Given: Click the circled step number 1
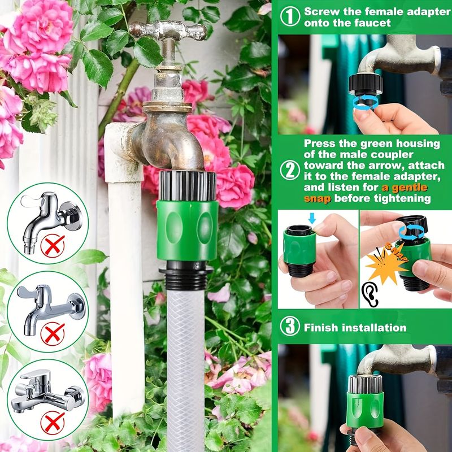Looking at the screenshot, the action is tap(290, 17).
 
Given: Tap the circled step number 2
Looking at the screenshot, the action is tap(290, 171).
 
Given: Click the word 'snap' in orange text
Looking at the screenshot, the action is tap(318, 199).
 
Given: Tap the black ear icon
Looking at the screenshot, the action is tap(370, 294).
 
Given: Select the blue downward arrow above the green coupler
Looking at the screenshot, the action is tap(312, 218).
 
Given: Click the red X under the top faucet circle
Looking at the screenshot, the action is tap(53, 246).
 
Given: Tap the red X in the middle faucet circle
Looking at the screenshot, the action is tap(53, 333).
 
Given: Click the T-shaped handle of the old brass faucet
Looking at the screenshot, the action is tap(168, 30).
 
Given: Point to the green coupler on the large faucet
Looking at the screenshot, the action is tap(188, 230).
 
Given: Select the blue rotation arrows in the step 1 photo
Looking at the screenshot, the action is tap(366, 103).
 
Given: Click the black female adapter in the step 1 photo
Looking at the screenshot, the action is tap(366, 84).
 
